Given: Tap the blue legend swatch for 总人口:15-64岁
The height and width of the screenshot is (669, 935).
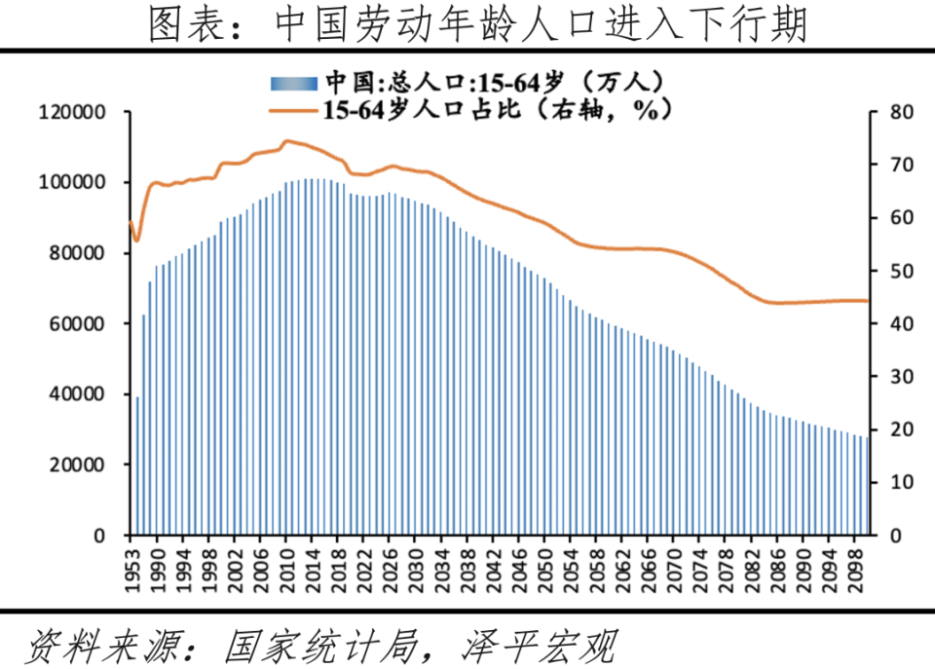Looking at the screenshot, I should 293,81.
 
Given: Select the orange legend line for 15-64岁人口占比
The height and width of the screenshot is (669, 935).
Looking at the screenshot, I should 293,110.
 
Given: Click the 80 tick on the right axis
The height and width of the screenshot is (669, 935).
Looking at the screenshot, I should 901,113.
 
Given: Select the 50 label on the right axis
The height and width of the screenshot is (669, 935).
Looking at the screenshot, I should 901,272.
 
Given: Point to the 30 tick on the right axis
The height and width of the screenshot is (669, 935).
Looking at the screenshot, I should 901,377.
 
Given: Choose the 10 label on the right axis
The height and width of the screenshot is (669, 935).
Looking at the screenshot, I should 901,483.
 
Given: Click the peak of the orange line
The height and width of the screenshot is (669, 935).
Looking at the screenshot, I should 286,141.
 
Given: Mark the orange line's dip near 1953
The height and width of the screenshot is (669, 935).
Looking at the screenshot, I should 137,240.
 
